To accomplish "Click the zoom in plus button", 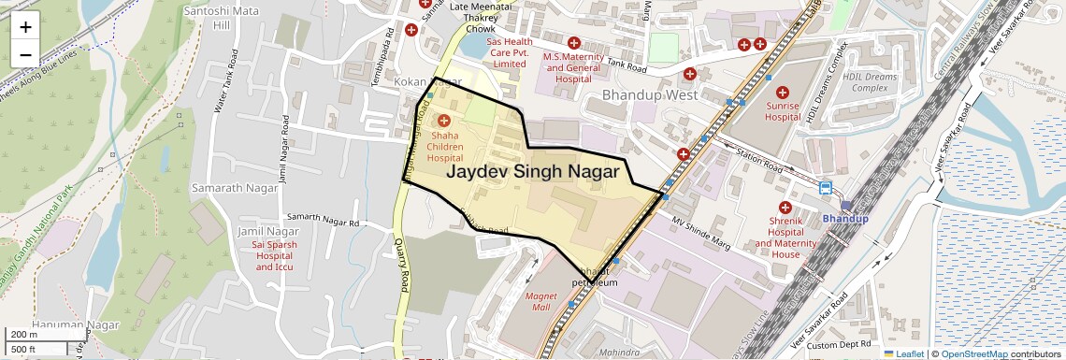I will pyautogui.click(x=25, y=27).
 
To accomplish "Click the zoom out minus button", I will pyautogui.click(x=25, y=54).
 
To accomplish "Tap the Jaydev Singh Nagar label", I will pyautogui.click(x=532, y=172).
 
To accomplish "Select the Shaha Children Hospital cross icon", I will pyautogui.click(x=444, y=121).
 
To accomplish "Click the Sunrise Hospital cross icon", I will pyautogui.click(x=783, y=93).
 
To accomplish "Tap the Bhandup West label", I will pyautogui.click(x=650, y=95).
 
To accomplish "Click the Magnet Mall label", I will pyautogui.click(x=540, y=301).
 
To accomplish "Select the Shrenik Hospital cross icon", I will pyautogui.click(x=785, y=207).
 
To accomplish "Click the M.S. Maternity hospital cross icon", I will pyautogui.click(x=574, y=42).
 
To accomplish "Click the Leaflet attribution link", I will pyautogui.click(x=903, y=353).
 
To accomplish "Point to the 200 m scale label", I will pyautogui.click(x=23, y=334).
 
